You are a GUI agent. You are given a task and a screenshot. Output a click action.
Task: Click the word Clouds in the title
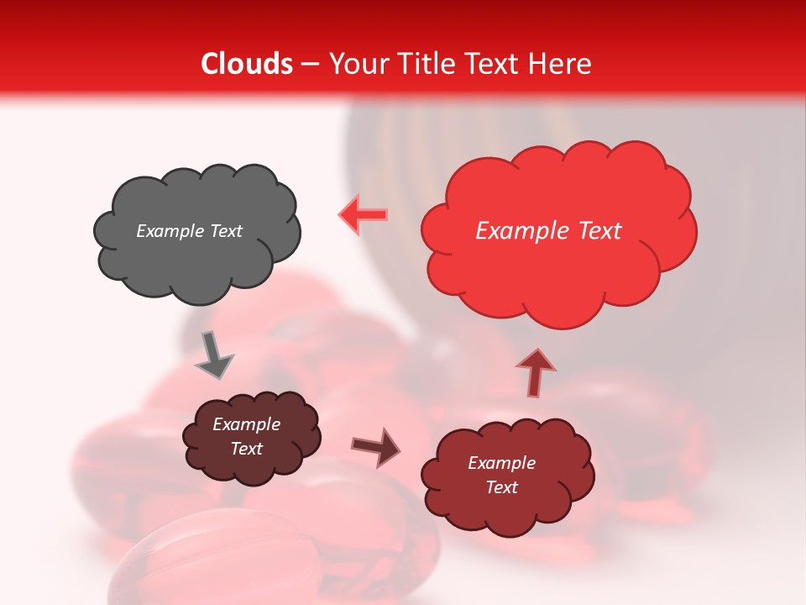pos(247,64)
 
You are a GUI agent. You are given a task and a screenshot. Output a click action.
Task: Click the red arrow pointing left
pos(364,215)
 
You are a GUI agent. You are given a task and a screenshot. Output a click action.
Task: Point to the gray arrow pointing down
pos(213,356)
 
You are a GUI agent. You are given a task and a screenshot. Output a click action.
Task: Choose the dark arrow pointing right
pos(376,447)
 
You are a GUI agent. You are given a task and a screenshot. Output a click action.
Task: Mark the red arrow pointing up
pos(535,372)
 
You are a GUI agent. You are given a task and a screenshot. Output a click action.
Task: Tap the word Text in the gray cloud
pos(225,231)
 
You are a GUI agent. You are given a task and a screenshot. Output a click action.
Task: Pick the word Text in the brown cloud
pos(246,449)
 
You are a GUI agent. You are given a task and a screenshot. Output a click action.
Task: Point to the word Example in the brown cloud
pos(246,424)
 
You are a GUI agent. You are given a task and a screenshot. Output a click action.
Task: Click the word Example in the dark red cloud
pos(501,463)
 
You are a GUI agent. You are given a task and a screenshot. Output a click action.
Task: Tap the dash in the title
pos(310,64)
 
